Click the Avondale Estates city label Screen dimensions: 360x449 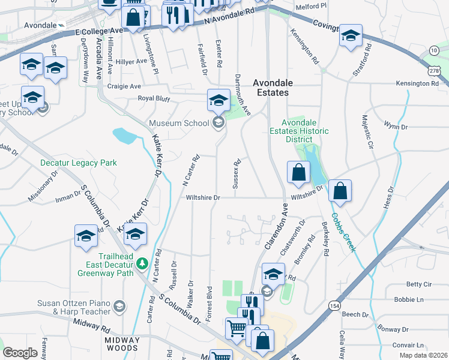pos(270,88)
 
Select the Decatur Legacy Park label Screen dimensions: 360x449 pos(78,163)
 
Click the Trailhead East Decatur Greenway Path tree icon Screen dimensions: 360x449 pos(142,263)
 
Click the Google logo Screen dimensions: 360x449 pos(20,353)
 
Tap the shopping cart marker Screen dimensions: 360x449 pos(237,328)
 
